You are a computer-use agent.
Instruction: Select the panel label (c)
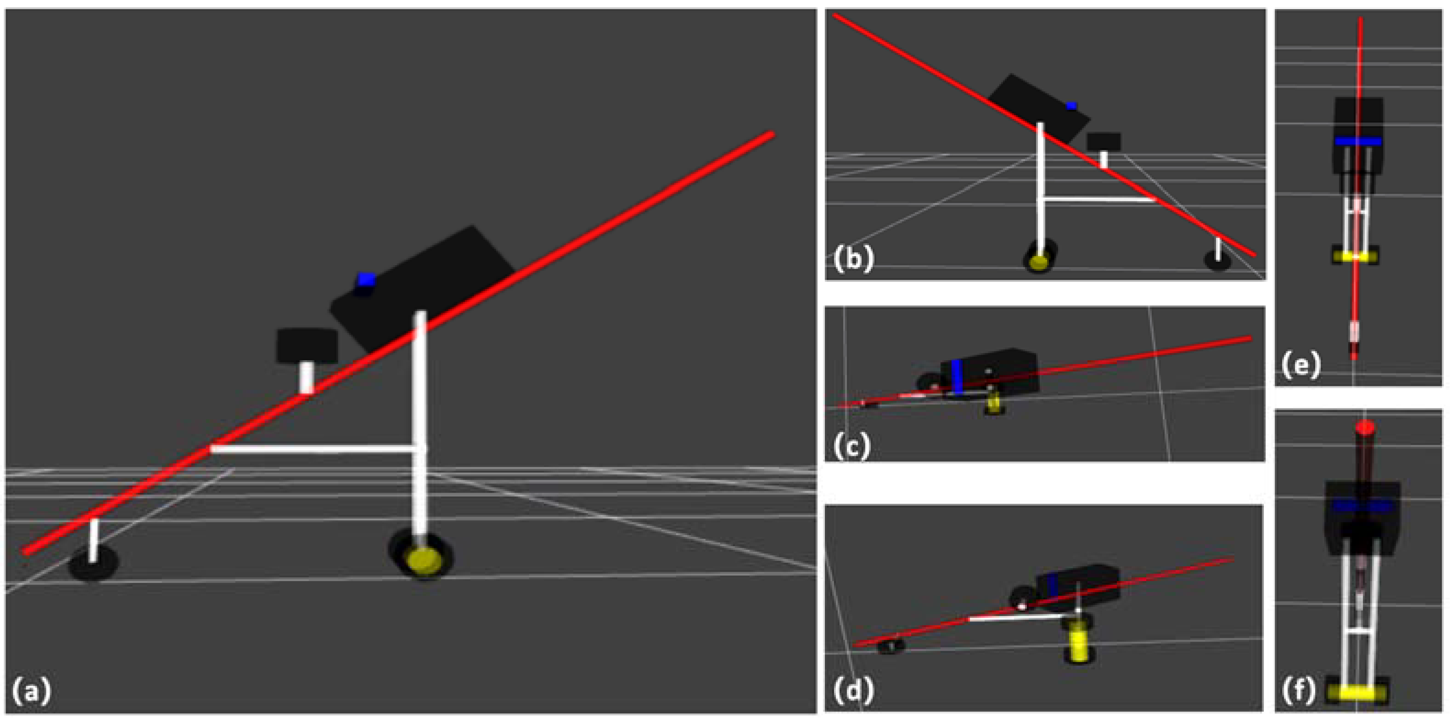851,447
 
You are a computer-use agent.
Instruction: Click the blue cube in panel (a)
366,280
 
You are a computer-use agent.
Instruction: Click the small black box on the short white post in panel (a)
307,345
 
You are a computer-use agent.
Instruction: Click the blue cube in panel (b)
1071,106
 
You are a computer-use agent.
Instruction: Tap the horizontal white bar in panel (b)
1098,199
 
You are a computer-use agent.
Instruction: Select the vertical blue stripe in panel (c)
957,377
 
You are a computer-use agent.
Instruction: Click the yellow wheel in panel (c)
994,404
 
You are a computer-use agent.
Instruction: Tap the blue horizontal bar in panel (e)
1357,141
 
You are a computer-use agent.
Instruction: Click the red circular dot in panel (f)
1364,428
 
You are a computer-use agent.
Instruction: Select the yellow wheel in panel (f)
1357,691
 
